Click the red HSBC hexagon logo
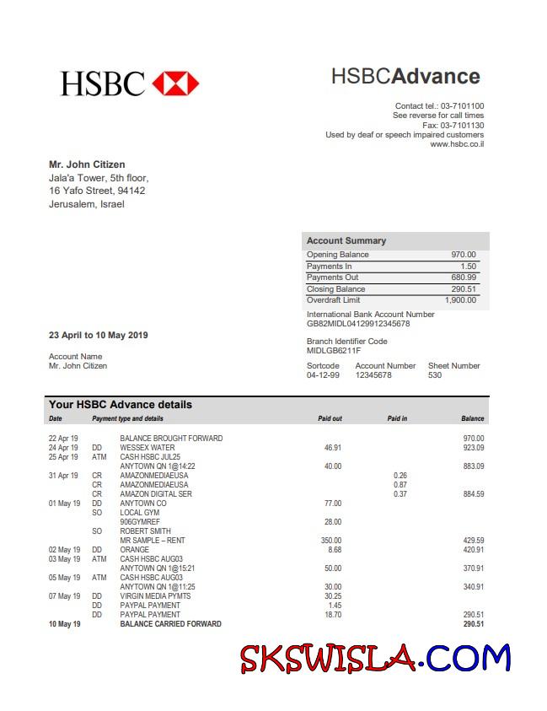coord(175,83)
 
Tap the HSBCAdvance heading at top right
coord(405,77)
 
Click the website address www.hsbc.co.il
coord(457,144)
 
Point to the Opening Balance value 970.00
coord(463,255)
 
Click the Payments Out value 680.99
coord(463,277)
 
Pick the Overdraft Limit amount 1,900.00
coord(460,300)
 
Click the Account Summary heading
coord(346,240)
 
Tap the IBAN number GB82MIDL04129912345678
coord(358,324)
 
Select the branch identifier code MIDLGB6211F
coord(334,351)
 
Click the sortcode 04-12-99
coord(323,375)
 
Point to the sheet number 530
coord(435,375)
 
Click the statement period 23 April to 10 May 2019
coord(99,335)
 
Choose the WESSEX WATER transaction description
coord(147,448)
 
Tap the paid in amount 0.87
coord(400,485)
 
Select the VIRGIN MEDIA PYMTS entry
coord(155,596)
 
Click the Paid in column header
coord(397,418)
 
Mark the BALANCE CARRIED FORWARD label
coord(170,624)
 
